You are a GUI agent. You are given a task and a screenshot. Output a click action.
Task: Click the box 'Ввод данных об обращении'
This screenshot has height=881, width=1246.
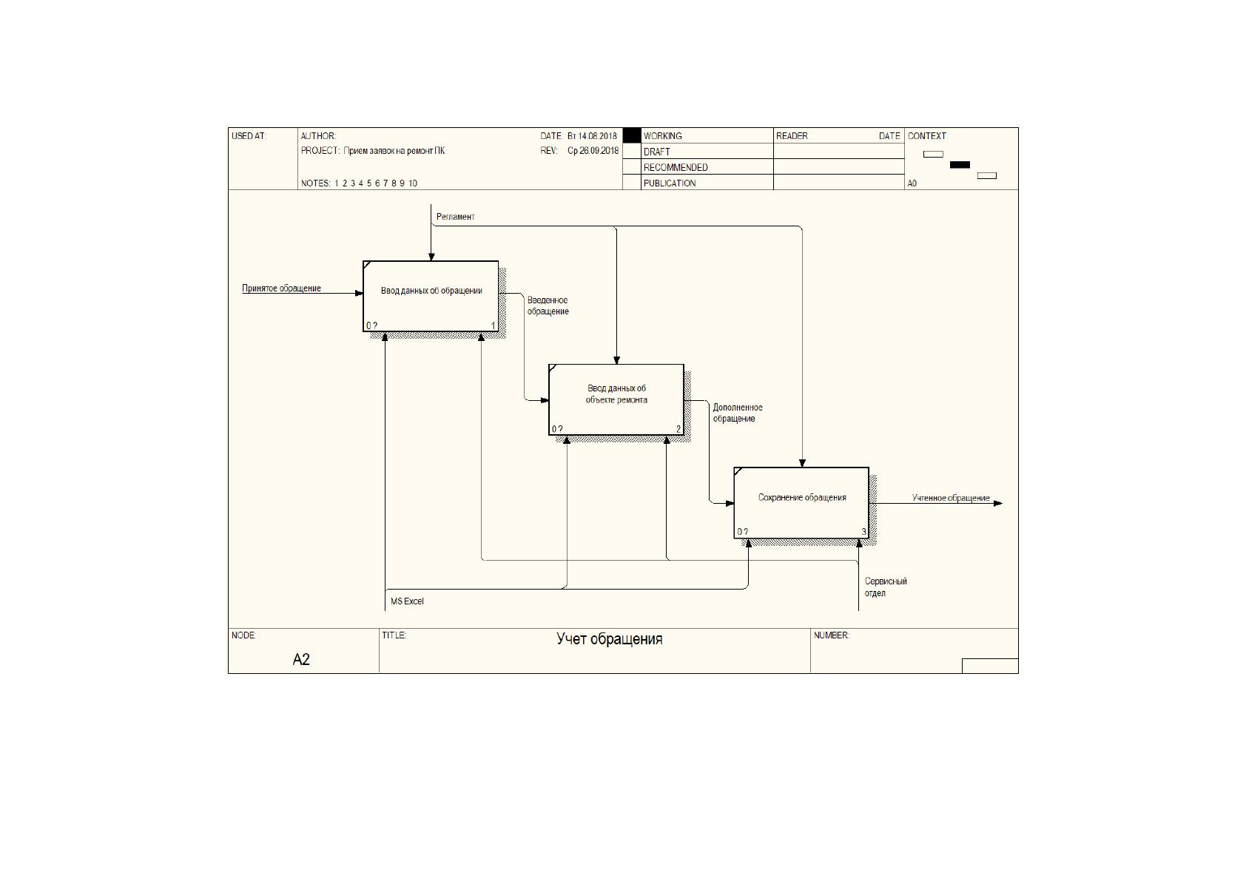click(431, 296)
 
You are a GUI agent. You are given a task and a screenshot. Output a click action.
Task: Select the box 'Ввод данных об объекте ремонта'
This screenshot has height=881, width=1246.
click(616, 399)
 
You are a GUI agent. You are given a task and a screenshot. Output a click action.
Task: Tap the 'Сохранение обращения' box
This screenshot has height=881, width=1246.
click(801, 503)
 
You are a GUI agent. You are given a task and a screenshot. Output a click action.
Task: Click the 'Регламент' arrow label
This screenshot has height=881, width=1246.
click(455, 216)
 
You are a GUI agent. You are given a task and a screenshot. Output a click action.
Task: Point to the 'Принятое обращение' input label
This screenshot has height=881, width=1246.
click(281, 288)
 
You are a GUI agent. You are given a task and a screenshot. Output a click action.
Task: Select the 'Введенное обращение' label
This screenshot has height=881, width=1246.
click(548, 306)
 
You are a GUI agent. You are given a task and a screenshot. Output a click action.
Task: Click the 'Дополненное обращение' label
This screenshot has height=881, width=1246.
click(738, 413)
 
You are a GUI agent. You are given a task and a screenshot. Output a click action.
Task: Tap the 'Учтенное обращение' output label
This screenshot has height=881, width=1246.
click(951, 498)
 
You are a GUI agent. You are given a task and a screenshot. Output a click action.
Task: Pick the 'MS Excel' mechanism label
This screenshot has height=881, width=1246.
click(407, 601)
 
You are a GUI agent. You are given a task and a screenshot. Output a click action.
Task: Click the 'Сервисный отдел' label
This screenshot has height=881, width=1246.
click(886, 587)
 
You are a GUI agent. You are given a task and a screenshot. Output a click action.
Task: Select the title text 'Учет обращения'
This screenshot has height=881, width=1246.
click(609, 639)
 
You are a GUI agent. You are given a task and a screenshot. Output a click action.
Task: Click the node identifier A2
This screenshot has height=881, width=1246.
click(301, 660)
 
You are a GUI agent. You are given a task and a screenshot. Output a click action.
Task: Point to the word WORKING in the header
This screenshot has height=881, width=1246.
click(662, 135)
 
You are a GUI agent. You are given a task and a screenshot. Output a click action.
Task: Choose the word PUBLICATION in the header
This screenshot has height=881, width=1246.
click(669, 183)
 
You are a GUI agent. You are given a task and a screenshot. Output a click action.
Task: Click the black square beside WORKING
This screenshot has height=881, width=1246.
click(631, 135)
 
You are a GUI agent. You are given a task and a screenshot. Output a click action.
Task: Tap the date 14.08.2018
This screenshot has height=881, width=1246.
click(597, 135)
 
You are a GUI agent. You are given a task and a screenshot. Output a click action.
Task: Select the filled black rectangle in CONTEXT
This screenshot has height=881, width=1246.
click(960, 165)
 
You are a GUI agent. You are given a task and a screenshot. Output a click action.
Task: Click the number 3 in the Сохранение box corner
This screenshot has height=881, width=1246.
click(863, 532)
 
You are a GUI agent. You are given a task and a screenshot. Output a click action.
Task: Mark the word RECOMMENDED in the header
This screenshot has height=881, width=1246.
click(676, 167)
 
